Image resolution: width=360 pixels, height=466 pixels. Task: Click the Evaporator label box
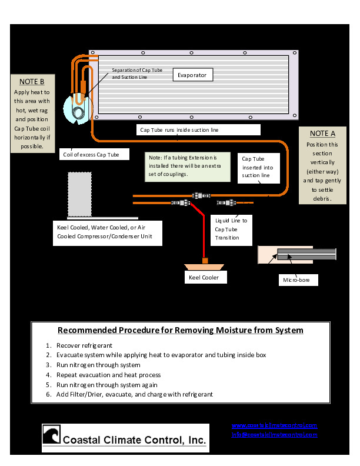pos(192,75)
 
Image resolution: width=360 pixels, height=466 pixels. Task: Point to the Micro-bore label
pos(298,281)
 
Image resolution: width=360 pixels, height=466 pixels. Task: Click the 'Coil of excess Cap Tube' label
pos(94,155)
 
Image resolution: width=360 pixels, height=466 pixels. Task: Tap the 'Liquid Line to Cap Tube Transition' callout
pos(231,229)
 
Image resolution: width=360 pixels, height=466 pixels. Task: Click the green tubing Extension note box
pos(182,166)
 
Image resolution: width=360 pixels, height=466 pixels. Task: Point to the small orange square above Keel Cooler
pos(205,260)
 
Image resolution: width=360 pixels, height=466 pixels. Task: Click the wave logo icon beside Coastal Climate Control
pos(51,437)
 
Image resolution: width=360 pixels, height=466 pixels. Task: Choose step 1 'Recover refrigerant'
pos(84,345)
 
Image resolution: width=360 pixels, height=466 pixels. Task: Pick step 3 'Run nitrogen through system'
pos(98,365)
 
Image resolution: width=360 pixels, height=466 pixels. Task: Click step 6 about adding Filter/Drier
pos(134,394)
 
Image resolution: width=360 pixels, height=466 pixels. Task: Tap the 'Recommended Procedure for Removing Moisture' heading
pos(180,330)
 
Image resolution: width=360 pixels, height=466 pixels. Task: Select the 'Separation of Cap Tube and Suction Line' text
pos(136,74)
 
